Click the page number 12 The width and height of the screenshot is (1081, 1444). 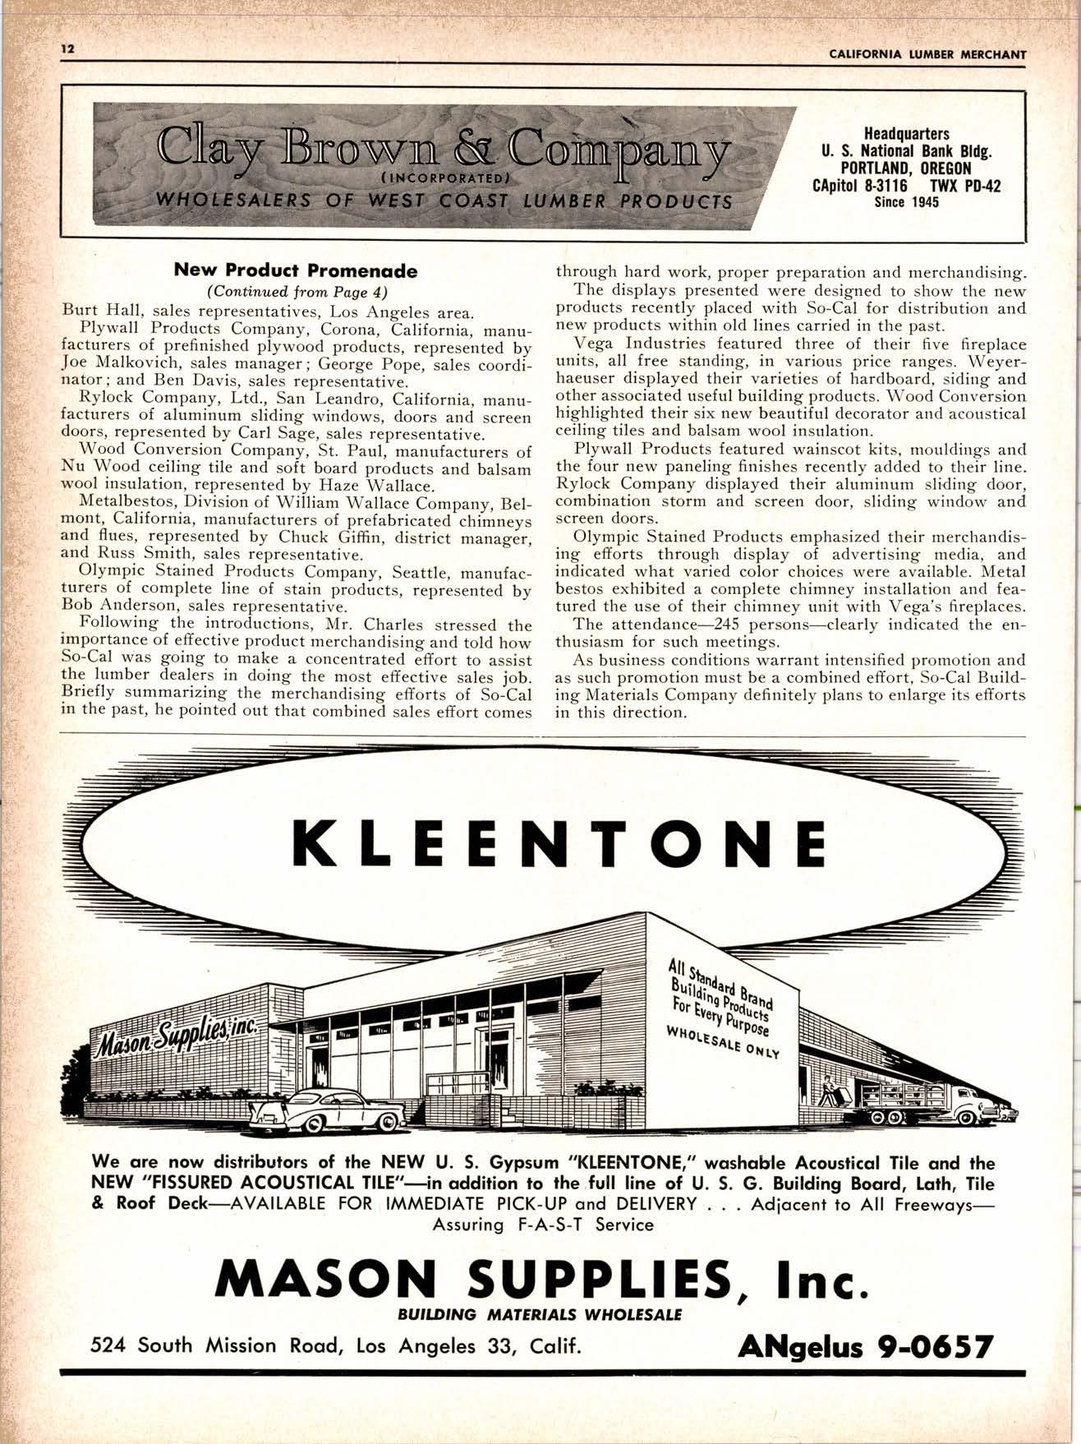click(67, 48)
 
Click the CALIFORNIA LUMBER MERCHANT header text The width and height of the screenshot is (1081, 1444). click(928, 54)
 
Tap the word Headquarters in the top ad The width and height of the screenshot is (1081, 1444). click(906, 133)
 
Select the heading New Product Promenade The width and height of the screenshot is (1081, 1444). click(296, 270)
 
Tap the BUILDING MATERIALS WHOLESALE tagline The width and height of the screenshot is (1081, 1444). click(540, 1313)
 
